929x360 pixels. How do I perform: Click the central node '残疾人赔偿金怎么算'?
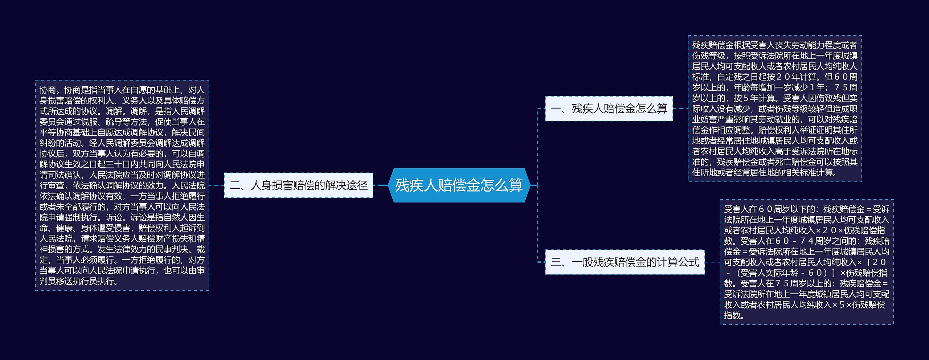(459, 185)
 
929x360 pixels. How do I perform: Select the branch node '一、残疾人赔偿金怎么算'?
(609, 109)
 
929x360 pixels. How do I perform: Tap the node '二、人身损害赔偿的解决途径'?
(299, 185)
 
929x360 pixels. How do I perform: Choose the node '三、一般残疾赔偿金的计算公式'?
(625, 262)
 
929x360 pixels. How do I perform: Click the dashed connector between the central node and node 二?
(381, 185)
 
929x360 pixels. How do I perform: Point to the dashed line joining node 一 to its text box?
(680, 109)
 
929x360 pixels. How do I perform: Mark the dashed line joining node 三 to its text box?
(712, 262)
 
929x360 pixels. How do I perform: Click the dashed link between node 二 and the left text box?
(217, 185)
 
